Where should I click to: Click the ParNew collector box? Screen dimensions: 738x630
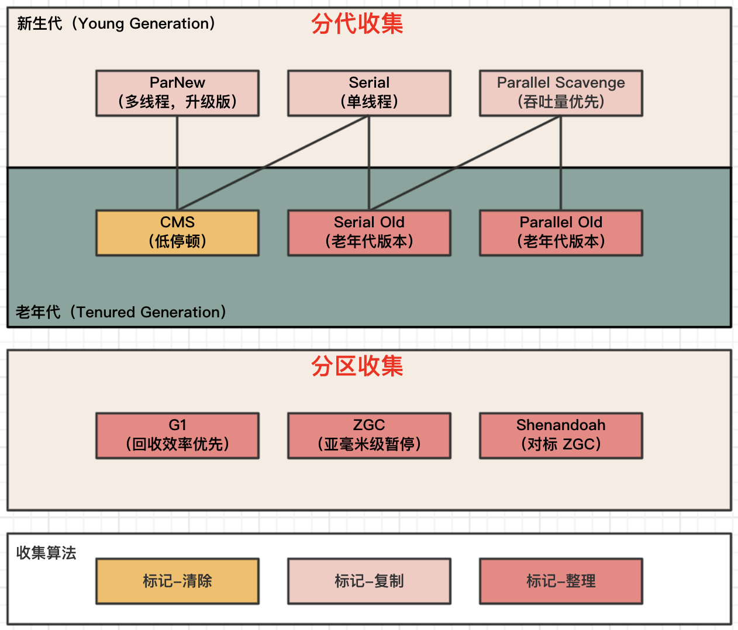(177, 93)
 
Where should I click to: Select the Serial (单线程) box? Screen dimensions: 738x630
(369, 93)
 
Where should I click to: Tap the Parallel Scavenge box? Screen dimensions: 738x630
(561, 93)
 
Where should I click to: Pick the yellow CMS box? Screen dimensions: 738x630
(177, 233)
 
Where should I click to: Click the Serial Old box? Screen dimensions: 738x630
(369, 233)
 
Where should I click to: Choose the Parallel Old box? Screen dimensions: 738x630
(561, 233)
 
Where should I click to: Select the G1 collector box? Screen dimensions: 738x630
(177, 435)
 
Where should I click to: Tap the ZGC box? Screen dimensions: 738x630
(369, 435)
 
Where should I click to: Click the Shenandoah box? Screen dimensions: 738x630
(561, 435)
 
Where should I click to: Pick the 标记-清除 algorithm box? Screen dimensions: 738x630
(177, 581)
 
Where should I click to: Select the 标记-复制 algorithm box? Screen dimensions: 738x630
(369, 581)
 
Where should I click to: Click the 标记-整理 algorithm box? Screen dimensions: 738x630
(561, 581)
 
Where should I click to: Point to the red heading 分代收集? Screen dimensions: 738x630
(357, 24)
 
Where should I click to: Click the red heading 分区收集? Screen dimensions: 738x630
(357, 366)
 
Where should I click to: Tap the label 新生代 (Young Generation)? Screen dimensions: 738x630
(116, 23)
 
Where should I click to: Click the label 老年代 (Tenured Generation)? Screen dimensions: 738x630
(120, 312)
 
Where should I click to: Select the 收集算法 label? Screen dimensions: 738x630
(46, 553)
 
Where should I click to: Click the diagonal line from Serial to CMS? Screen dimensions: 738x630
(273, 162)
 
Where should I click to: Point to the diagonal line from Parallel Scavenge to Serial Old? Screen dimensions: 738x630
(465, 162)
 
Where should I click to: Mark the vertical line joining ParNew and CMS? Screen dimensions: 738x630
(177, 163)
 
